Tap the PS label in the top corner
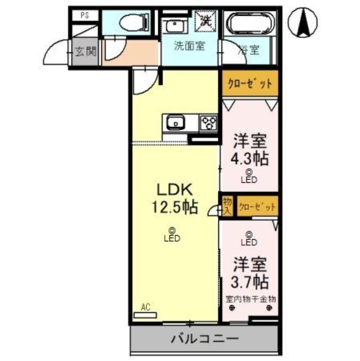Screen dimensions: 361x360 coord(84,15)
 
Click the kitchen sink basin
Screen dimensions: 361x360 coord(175,122)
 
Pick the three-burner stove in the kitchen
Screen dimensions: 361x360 coord(209,122)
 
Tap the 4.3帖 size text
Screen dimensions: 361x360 coord(249,158)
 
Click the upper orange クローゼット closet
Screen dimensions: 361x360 coord(249,84)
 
